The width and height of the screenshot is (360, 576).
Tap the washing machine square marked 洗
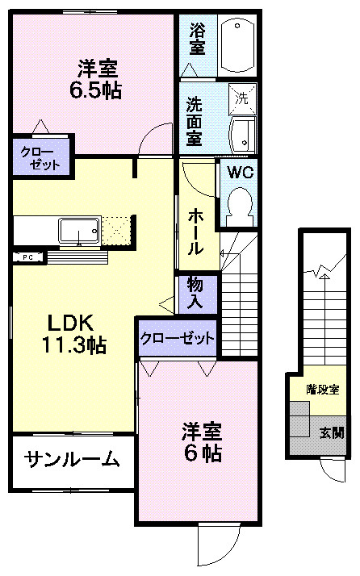point(242,98)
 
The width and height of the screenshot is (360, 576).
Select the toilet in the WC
point(241,207)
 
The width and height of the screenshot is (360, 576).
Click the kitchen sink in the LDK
point(79,231)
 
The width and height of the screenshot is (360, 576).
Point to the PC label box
point(28,257)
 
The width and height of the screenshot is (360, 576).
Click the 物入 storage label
point(195,294)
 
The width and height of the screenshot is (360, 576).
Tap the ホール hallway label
point(195,233)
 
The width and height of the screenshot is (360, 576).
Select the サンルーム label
point(73,459)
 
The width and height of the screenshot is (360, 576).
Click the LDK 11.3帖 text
point(74,334)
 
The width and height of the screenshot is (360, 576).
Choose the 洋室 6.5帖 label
point(96,80)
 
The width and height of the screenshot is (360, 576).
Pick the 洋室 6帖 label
point(202,442)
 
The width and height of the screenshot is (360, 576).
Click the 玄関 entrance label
point(332,432)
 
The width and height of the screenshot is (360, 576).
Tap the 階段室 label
point(323,390)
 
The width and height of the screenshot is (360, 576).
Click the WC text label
point(241,172)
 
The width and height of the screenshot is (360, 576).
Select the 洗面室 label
point(195,121)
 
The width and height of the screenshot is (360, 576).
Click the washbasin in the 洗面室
point(243,135)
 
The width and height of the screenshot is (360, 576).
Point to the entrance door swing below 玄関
point(333,470)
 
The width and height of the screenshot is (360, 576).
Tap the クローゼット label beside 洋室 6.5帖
point(40,158)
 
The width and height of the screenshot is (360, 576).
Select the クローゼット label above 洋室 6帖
point(177,338)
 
